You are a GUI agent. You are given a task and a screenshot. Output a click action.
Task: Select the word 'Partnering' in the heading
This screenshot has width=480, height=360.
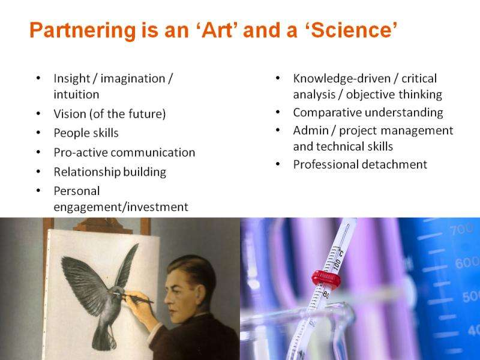pos(83,31)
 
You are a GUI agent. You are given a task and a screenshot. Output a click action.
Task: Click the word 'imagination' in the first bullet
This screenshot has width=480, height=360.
pos(133,79)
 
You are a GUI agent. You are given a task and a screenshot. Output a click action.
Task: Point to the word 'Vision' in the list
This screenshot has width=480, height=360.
pos(70,114)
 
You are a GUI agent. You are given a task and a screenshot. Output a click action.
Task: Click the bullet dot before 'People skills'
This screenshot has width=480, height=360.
pos(38,133)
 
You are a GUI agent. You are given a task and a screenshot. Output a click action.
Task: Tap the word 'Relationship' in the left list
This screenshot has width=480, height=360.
pos(82,172)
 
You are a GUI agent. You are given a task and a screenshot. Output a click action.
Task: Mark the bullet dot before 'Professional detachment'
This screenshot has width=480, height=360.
pos(278,164)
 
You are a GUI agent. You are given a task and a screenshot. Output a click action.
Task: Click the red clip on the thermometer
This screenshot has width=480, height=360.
pos(326,279)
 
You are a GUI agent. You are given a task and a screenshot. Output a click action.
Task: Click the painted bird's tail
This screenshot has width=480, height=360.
pos(104,337)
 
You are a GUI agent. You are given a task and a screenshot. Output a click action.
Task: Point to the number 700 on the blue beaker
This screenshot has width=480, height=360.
pos(461,229)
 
